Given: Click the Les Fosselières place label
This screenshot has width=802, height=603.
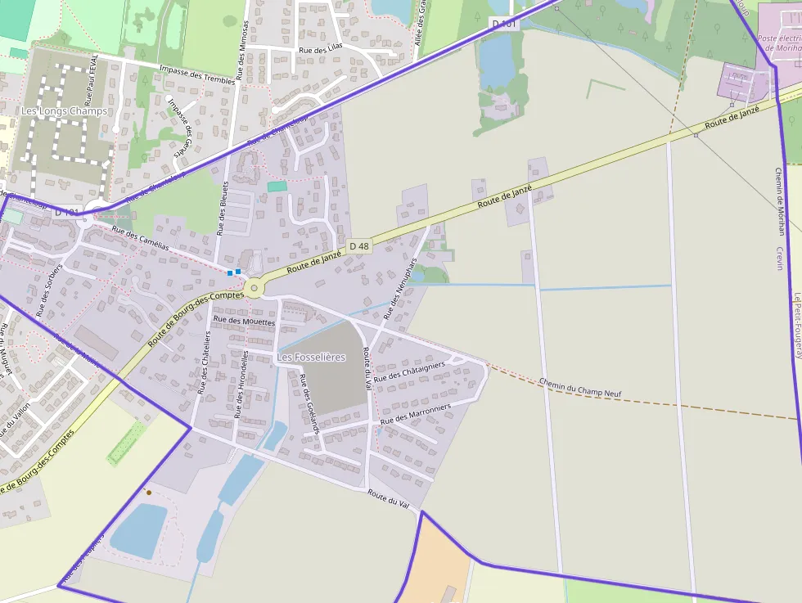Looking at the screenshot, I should [x=311, y=358].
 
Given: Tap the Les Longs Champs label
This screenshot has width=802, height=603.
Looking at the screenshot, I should [x=64, y=110].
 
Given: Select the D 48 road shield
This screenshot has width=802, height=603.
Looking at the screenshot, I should [x=358, y=245].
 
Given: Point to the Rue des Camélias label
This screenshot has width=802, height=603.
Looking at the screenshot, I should [x=141, y=238].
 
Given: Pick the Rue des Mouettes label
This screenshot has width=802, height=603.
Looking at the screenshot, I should [x=244, y=322].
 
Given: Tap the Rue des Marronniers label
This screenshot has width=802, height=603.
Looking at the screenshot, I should [x=417, y=413].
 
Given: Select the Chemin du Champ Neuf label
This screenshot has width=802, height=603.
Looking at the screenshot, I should [x=581, y=388].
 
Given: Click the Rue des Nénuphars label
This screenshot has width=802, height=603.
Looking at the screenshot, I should [x=400, y=289].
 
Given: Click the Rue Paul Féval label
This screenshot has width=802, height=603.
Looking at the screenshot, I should [x=95, y=80].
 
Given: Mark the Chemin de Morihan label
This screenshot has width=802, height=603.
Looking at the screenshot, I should [x=778, y=201].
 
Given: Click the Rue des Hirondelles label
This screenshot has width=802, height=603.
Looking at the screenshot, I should [x=241, y=385].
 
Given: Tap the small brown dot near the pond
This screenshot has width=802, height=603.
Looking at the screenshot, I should [x=148, y=493].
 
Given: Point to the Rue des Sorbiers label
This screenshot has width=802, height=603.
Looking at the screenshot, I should [x=49, y=290].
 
